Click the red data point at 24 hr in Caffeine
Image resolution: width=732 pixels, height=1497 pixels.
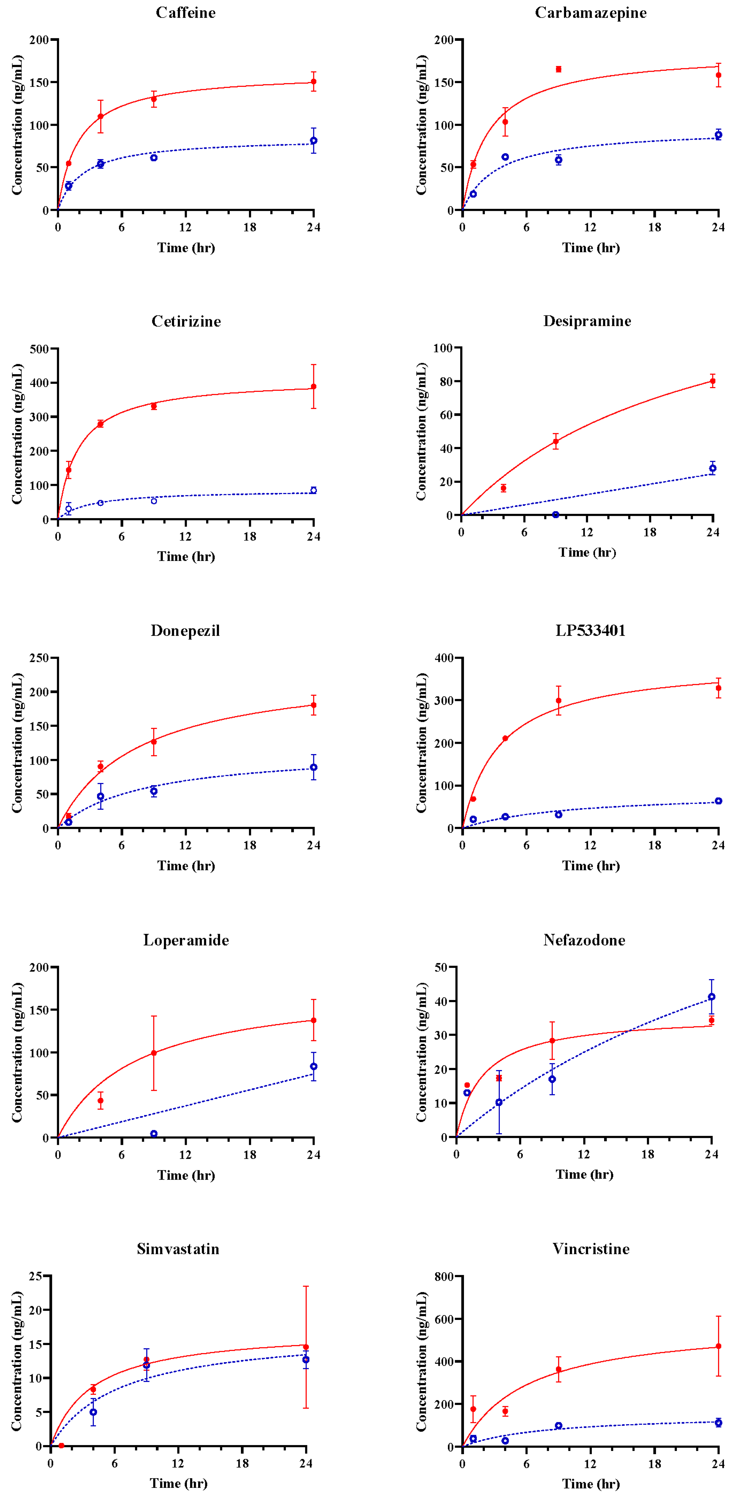pos(314,81)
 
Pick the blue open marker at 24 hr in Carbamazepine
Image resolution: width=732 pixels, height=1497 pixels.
pos(719,135)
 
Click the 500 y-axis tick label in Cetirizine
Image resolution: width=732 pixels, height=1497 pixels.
pos(39,349)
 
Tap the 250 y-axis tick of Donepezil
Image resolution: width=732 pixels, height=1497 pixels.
pos(39,658)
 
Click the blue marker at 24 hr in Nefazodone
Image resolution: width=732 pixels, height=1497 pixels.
pos(712,997)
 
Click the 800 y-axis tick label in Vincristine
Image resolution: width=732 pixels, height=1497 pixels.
pos(444,1277)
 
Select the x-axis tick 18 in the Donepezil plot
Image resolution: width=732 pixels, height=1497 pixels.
pos(250,845)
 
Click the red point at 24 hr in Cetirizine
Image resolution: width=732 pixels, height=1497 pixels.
pos(314,386)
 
